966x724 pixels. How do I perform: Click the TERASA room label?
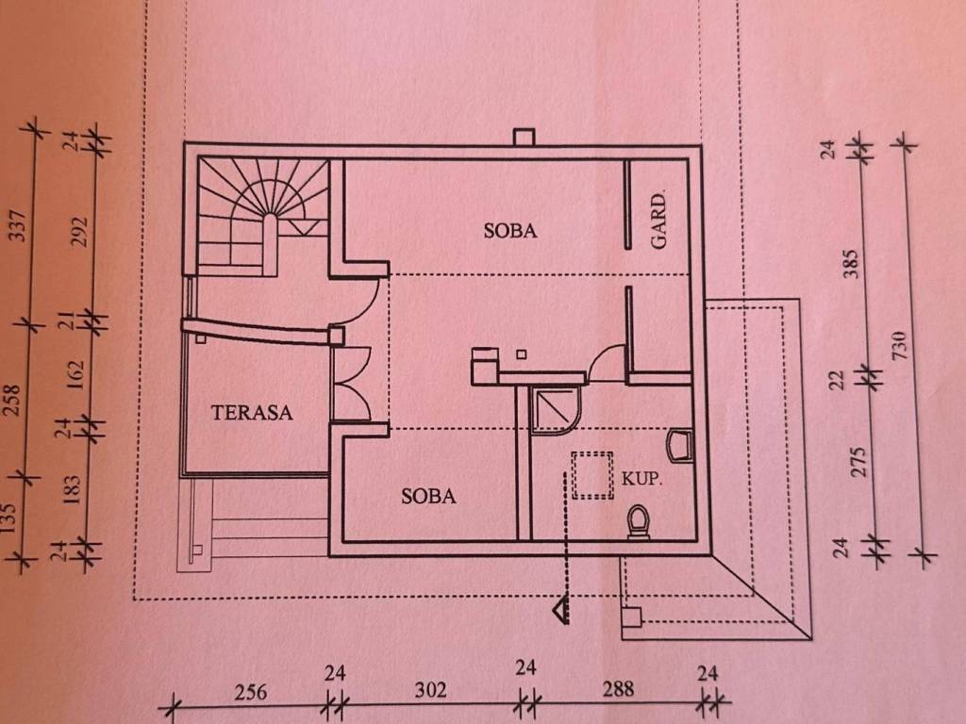[x=251, y=412]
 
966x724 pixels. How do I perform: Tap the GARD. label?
[x=658, y=221]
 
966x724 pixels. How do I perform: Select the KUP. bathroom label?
[x=641, y=478]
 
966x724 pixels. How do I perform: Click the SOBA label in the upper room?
[x=510, y=231]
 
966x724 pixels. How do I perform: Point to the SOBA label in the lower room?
[x=428, y=496]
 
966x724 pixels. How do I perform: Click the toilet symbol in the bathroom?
[x=639, y=522]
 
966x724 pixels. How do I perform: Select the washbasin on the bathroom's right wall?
[x=679, y=446]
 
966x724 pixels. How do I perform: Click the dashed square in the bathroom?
[x=592, y=475]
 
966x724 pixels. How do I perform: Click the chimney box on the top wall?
[x=525, y=137]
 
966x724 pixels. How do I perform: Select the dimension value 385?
[x=851, y=264]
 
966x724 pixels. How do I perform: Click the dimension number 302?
[x=430, y=690]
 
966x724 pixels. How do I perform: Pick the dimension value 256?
[x=251, y=692]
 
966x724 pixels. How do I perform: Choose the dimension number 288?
[x=618, y=689]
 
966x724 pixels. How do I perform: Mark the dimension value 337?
[x=19, y=226]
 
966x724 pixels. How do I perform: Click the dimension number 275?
[x=858, y=462]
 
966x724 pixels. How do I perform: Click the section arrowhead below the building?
[x=561, y=611]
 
